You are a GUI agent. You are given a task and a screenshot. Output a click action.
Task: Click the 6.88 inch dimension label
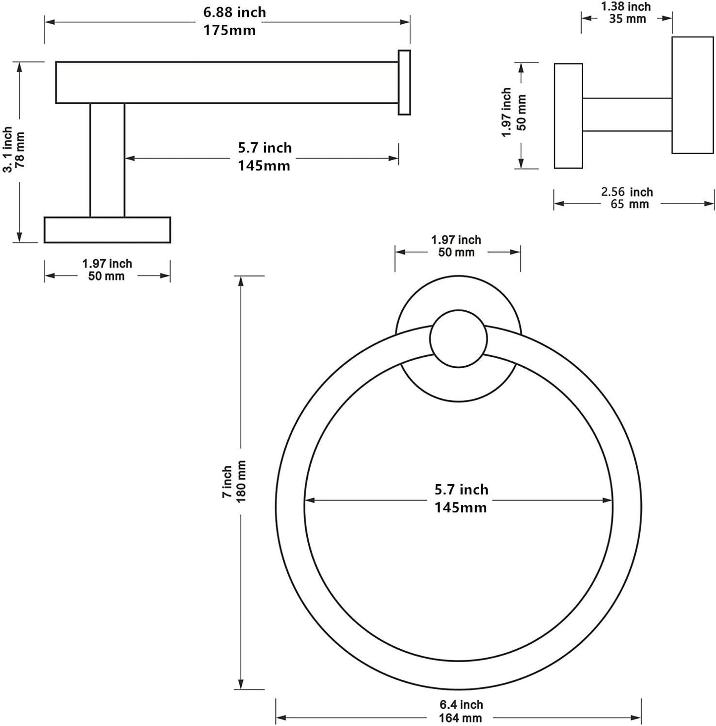coord(234,12)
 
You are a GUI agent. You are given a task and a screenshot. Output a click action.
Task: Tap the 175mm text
coord(229,30)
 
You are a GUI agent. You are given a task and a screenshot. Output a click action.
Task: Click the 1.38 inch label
coord(626,7)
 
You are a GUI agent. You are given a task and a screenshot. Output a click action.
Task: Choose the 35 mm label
coord(628,19)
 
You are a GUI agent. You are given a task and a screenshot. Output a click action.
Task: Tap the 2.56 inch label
coord(627,192)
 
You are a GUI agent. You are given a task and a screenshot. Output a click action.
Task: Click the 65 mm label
coord(629,204)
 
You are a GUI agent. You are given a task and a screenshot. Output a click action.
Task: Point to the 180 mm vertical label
coord(241,482)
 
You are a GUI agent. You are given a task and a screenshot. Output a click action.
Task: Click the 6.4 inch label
coord(461,705)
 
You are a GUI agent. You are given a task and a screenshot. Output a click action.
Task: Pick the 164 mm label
coord(460,718)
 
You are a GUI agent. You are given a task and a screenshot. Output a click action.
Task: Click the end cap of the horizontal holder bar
coord(404,82)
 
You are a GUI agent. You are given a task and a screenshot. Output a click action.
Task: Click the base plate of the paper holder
coord(107,230)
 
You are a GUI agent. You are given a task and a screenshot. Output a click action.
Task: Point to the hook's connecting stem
coord(627,114)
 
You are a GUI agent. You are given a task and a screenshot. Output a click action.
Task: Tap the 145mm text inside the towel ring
coord(460,508)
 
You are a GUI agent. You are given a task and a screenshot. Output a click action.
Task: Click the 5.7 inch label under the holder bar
coord(265,148)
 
